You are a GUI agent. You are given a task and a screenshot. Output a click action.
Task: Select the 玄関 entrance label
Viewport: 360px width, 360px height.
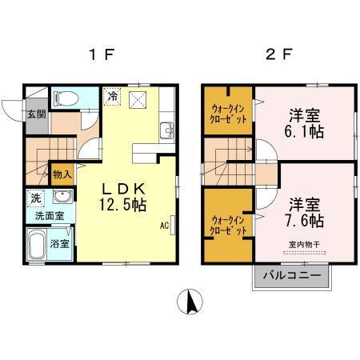(36, 114)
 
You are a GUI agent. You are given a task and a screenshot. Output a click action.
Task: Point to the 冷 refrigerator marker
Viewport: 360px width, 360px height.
(112, 95)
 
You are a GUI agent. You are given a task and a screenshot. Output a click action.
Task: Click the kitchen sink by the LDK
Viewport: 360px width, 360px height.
(166, 130)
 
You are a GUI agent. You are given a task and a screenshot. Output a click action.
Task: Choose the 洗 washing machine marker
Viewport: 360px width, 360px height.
(36, 198)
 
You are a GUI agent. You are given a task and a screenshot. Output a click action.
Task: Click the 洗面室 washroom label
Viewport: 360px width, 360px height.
(49, 216)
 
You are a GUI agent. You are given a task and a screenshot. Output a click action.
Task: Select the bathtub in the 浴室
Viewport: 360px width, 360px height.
(35, 244)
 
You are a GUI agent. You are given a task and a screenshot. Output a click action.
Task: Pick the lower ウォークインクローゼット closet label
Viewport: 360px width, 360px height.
(228, 224)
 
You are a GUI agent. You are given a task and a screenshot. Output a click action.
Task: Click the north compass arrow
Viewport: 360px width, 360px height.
(190, 302)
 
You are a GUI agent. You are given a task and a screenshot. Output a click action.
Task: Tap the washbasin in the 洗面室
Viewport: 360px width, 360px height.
(61, 198)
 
